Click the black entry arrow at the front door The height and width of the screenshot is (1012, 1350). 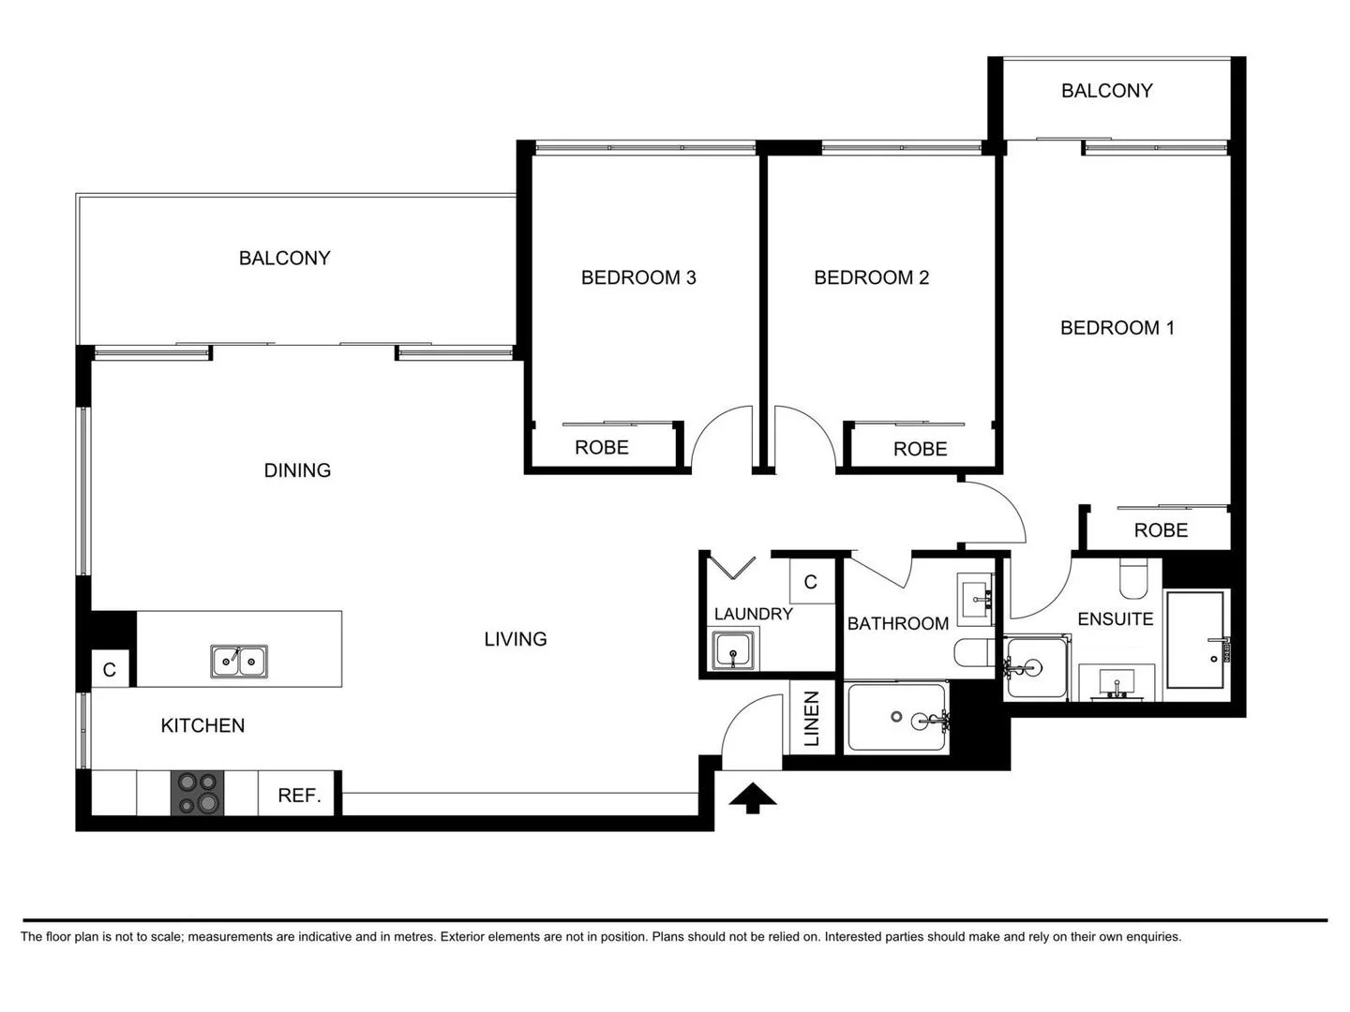point(752,798)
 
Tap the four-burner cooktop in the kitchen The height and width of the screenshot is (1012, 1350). point(197,793)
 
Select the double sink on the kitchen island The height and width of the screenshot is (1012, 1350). point(239,661)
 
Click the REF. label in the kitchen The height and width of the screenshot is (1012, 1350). point(299,796)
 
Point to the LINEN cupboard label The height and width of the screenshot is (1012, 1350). point(812,719)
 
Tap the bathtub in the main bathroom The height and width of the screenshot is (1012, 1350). point(897,718)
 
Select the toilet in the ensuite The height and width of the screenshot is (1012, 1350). point(1133,578)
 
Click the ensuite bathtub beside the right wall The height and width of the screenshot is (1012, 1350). point(1195,640)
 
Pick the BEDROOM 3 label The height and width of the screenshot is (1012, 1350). point(638,277)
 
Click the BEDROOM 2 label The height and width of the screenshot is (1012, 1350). point(871,277)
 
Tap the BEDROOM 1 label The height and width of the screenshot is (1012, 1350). point(1117,328)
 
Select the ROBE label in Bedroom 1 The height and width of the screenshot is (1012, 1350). point(1161,530)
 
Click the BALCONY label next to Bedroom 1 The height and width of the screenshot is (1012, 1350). point(1106,91)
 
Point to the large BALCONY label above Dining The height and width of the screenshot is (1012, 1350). point(284,258)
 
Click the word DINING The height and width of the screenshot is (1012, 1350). point(297,470)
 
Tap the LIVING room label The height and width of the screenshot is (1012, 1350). point(515,639)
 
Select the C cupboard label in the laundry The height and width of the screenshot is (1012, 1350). point(811,582)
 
